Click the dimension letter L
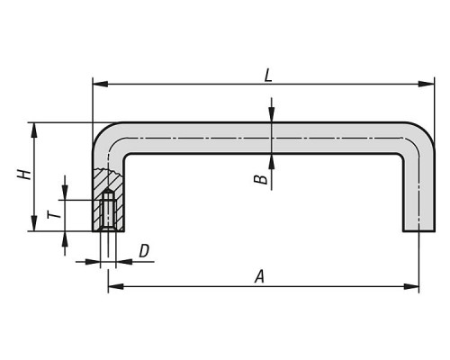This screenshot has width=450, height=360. (268, 76)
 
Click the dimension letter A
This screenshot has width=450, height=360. (260, 276)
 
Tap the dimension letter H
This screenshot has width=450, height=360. (24, 175)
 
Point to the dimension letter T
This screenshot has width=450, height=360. (54, 215)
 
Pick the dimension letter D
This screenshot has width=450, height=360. (144, 251)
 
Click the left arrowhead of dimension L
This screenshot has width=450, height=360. (100, 85)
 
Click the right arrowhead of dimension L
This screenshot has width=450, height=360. (427, 85)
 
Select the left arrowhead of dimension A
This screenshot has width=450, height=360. (115, 286)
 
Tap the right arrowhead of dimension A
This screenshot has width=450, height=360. (411, 286)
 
